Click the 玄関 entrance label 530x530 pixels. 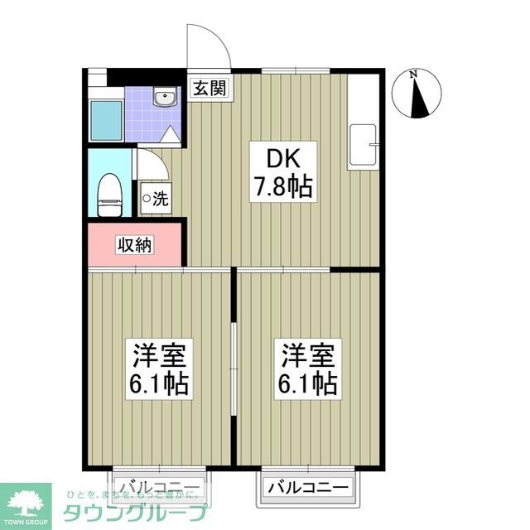210,88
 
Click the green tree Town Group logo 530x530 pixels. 26,500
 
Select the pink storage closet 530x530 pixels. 134,245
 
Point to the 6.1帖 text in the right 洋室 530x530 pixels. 308,384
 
